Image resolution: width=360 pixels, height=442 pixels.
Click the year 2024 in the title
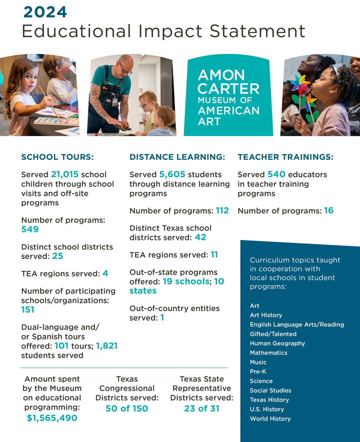[x=45, y=11]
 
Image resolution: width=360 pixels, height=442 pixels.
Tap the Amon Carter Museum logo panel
[x=229, y=96]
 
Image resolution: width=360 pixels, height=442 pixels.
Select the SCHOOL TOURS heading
[x=57, y=157]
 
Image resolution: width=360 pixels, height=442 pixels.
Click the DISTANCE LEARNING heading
[x=177, y=157]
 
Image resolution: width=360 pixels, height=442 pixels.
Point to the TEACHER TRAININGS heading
[x=285, y=157]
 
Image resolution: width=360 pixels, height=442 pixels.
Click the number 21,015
[x=64, y=174]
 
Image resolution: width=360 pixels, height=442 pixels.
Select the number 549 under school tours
[x=30, y=229]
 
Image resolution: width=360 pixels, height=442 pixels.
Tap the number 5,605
[x=172, y=174]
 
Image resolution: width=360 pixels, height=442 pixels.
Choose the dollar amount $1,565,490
[x=52, y=417]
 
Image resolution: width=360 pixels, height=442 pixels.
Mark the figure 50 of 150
[x=127, y=408]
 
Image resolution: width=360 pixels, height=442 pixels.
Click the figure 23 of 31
[x=202, y=408]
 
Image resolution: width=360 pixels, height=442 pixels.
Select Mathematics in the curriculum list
[x=268, y=353]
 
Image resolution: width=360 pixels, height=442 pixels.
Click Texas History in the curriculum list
[x=269, y=400]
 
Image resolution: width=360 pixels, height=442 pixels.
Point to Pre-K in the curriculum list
[x=258, y=371]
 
